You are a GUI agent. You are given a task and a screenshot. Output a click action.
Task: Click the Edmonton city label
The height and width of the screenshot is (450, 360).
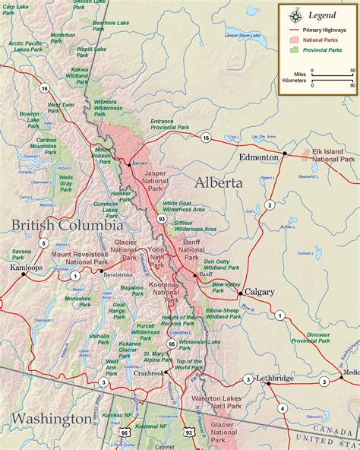click(x=259, y=157)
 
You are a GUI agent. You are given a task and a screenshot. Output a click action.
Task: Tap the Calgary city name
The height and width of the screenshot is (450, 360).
click(x=260, y=292)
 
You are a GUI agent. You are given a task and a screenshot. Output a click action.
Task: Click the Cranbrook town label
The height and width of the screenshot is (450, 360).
click(x=150, y=373)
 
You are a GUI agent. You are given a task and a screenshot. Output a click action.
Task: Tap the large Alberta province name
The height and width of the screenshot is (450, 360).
click(x=219, y=182)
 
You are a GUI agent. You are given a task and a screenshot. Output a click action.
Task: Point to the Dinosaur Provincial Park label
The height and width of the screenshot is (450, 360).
click(x=313, y=337)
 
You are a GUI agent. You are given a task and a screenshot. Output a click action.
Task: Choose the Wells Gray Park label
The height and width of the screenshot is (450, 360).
click(x=66, y=182)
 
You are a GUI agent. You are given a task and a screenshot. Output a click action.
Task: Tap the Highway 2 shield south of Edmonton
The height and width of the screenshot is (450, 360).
click(x=270, y=204)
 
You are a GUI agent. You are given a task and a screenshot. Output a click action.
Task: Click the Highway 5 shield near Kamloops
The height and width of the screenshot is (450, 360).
click(x=44, y=243)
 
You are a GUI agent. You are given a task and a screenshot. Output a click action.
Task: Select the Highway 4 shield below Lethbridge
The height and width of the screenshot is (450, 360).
click(x=283, y=408)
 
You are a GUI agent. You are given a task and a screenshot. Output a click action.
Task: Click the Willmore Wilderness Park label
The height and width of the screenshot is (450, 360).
click(x=108, y=105)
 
